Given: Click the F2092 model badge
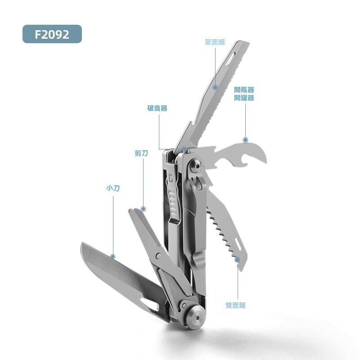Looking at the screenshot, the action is [x=52, y=34].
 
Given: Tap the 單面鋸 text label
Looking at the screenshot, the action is [x=215, y=42].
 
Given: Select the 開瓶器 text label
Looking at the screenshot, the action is [x=244, y=90].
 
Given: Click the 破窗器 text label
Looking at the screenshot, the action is [x=157, y=108].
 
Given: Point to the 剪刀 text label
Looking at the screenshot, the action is [x=141, y=153].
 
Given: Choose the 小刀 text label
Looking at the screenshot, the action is [x=113, y=188].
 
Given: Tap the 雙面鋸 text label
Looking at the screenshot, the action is [x=236, y=305].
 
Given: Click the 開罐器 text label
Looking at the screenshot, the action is [x=244, y=98].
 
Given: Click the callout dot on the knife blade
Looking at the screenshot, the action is [x=113, y=256].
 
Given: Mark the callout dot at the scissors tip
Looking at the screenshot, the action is [x=143, y=209].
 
